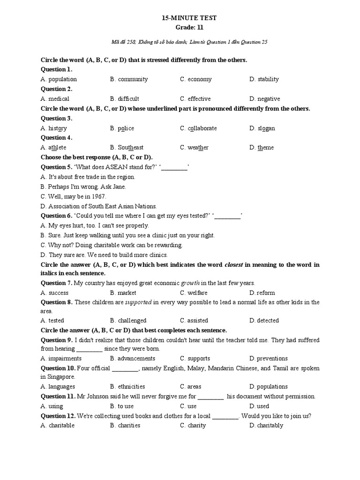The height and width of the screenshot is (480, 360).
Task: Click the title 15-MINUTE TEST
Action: pyautogui.click(x=189, y=18)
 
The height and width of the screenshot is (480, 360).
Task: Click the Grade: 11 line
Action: pyautogui.click(x=189, y=28)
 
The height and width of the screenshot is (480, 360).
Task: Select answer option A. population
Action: pyautogui.click(x=59, y=79)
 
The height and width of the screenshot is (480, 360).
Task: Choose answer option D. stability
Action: pyautogui.click(x=264, y=79)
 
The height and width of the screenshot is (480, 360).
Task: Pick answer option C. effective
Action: pyautogui.click(x=195, y=99)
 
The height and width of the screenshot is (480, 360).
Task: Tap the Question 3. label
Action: pyautogui.click(x=56, y=118)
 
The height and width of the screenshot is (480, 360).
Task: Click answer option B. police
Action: pyautogui.click(x=122, y=128)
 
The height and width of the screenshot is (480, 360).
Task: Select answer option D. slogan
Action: pyautogui.click(x=262, y=128)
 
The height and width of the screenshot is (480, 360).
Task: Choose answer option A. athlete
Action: pyautogui.click(x=53, y=148)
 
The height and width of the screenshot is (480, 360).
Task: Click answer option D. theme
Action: pyautogui.click(x=262, y=148)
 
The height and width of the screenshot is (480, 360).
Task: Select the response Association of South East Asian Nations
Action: pyautogui.click(x=99, y=206)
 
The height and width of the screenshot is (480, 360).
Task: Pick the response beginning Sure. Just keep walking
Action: pyautogui.click(x=127, y=235)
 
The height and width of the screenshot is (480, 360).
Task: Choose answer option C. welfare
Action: pyautogui.click(x=194, y=293)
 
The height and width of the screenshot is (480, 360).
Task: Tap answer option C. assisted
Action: pyautogui.click(x=194, y=321)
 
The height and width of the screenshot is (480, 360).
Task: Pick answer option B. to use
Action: pyautogui.click(x=122, y=406)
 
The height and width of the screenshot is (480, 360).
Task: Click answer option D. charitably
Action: pyautogui.click(x=266, y=426)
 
